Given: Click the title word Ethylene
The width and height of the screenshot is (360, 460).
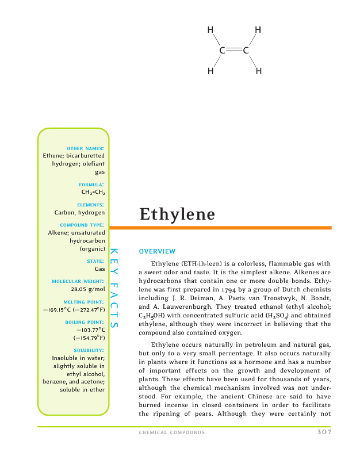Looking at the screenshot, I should pyautogui.click(x=177, y=214).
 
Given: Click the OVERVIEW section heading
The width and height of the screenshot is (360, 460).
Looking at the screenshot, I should pyautogui.click(x=157, y=251).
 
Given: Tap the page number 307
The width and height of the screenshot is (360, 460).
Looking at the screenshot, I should pyautogui.click(x=324, y=432).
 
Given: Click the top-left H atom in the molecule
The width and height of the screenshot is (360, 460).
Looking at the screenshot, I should pyautogui.click(x=211, y=30).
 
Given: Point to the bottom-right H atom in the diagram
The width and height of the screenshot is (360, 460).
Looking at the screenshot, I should pyautogui.click(x=258, y=72).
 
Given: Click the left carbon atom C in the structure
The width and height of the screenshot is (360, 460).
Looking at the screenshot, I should pyautogui.click(x=222, y=51).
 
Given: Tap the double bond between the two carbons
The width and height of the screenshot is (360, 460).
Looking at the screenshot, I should pyautogui.click(x=234, y=51).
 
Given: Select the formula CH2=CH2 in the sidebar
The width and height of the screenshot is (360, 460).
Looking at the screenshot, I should pyautogui.click(x=93, y=193).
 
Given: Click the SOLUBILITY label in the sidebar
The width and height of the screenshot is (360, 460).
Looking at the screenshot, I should pyautogui.click(x=89, y=350).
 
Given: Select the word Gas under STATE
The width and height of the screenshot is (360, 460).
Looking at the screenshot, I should pyautogui.click(x=99, y=269).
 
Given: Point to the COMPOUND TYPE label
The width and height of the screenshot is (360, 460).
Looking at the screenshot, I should pyautogui.click(x=82, y=224).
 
